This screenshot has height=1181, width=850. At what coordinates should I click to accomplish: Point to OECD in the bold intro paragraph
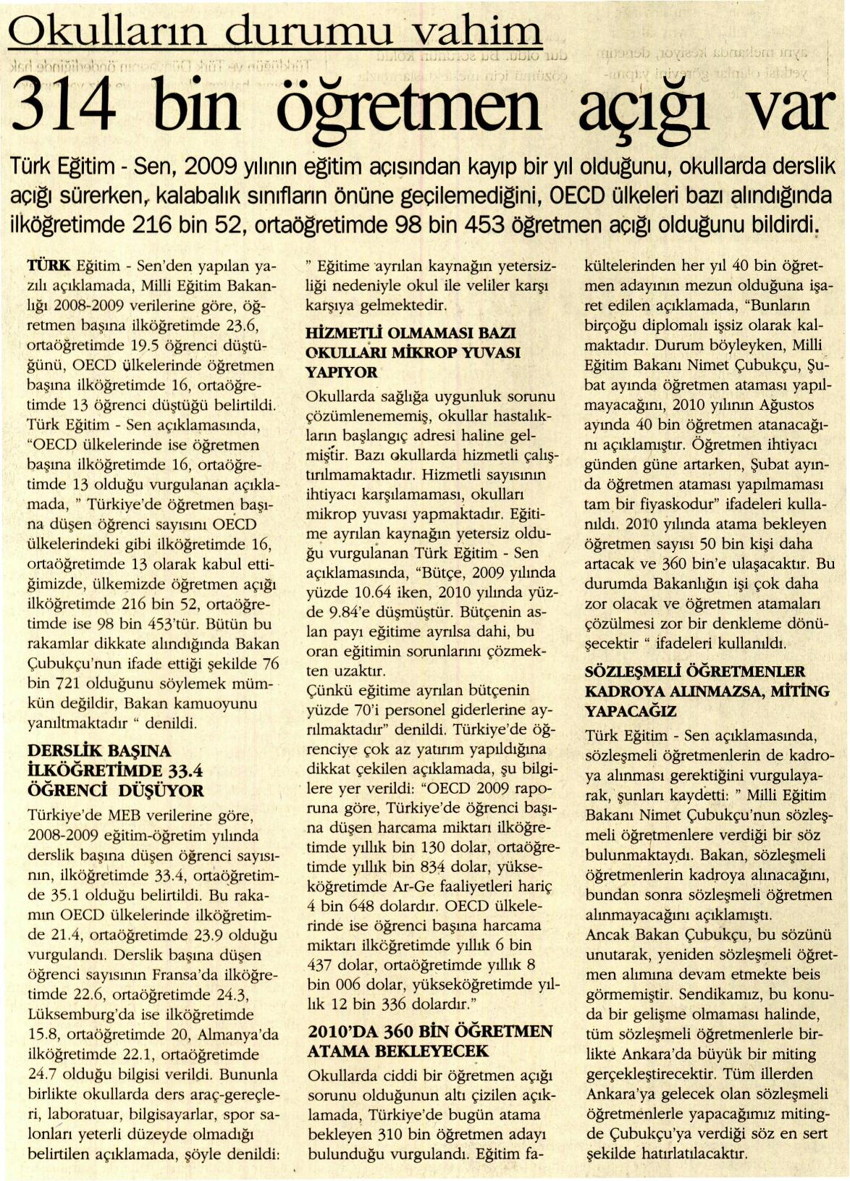(578, 197)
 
